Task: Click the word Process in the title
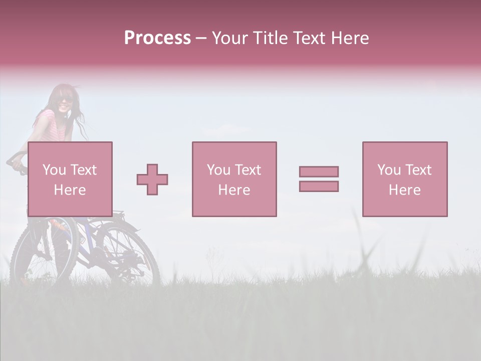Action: click(157, 38)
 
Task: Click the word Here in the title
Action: click(350, 38)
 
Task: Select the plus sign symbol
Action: click(152, 179)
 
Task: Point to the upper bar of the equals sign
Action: click(319, 171)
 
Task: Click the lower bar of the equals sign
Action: click(319, 186)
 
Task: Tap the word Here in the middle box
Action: click(234, 190)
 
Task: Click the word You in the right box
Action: click(389, 170)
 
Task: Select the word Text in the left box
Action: click(83, 170)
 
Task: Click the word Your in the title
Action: click(231, 38)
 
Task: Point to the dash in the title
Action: click(201, 38)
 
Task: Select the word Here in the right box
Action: click(405, 190)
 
